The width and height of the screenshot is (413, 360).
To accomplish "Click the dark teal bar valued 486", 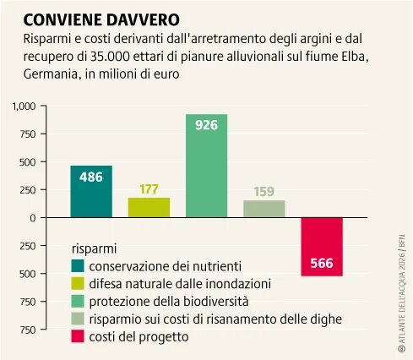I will tap(91, 191).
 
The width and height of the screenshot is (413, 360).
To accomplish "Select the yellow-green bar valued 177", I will tap(149, 208).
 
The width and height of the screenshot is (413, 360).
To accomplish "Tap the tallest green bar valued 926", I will tap(207, 166).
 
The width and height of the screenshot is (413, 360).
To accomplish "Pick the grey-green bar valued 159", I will tap(264, 209).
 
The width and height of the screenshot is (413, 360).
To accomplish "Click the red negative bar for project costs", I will tap(322, 246).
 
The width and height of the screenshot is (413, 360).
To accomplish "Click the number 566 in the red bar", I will tap(322, 262).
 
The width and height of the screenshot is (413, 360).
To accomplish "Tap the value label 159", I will tap(264, 191).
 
